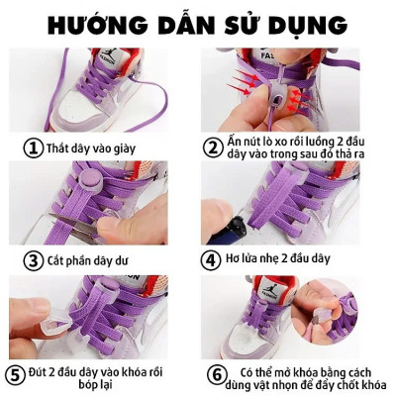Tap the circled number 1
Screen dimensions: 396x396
pos(33,148)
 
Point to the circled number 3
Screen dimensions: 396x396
pos(33,260)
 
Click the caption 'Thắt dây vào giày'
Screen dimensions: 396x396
pos(92,148)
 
